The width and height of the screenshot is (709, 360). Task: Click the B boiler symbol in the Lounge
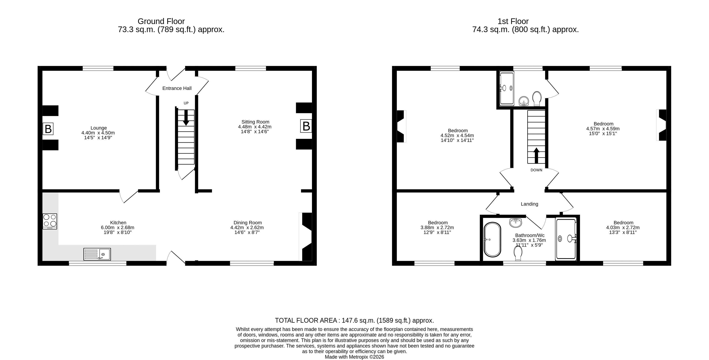point(48,129)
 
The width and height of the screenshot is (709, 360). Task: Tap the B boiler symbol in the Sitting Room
point(306,126)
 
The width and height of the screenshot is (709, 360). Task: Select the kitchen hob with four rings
point(50,221)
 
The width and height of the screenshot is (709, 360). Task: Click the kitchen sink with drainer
point(97,254)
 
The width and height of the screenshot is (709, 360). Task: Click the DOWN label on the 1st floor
point(536,170)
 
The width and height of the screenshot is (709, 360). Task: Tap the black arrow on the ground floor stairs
point(186,117)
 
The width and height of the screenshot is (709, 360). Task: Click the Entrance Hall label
point(177,88)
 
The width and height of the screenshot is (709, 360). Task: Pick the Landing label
point(529,204)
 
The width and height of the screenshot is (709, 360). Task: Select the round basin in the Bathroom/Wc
point(516,222)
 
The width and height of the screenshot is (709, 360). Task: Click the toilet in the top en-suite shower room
point(537,98)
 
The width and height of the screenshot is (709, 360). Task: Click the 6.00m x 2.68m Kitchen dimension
point(117,228)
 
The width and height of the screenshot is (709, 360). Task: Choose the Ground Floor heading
point(161,21)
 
